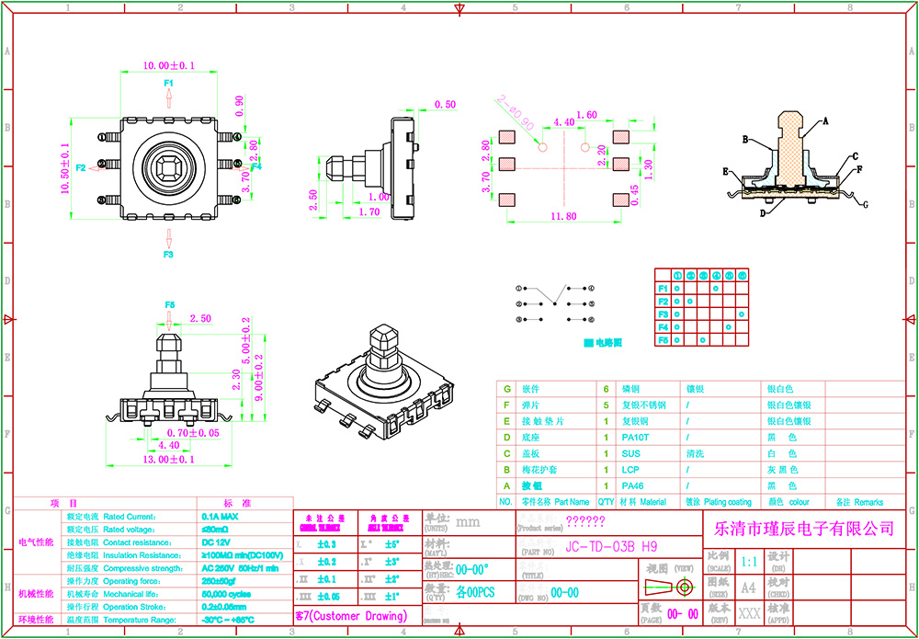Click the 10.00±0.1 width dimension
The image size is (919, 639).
[x=168, y=65]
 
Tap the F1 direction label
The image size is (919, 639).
[x=169, y=84]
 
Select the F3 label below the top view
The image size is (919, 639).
[x=169, y=254]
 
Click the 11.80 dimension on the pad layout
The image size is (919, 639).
[x=563, y=217]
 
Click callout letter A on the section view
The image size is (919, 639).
[x=825, y=120]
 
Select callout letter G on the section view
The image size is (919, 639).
[x=864, y=204]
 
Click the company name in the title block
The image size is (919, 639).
[x=798, y=528]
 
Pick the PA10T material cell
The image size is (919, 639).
[x=635, y=438]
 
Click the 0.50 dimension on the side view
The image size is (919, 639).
[x=445, y=105]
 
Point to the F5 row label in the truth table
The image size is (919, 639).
[x=663, y=340]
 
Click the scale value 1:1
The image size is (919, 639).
[x=749, y=561]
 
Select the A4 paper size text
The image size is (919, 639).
[x=749, y=587]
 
